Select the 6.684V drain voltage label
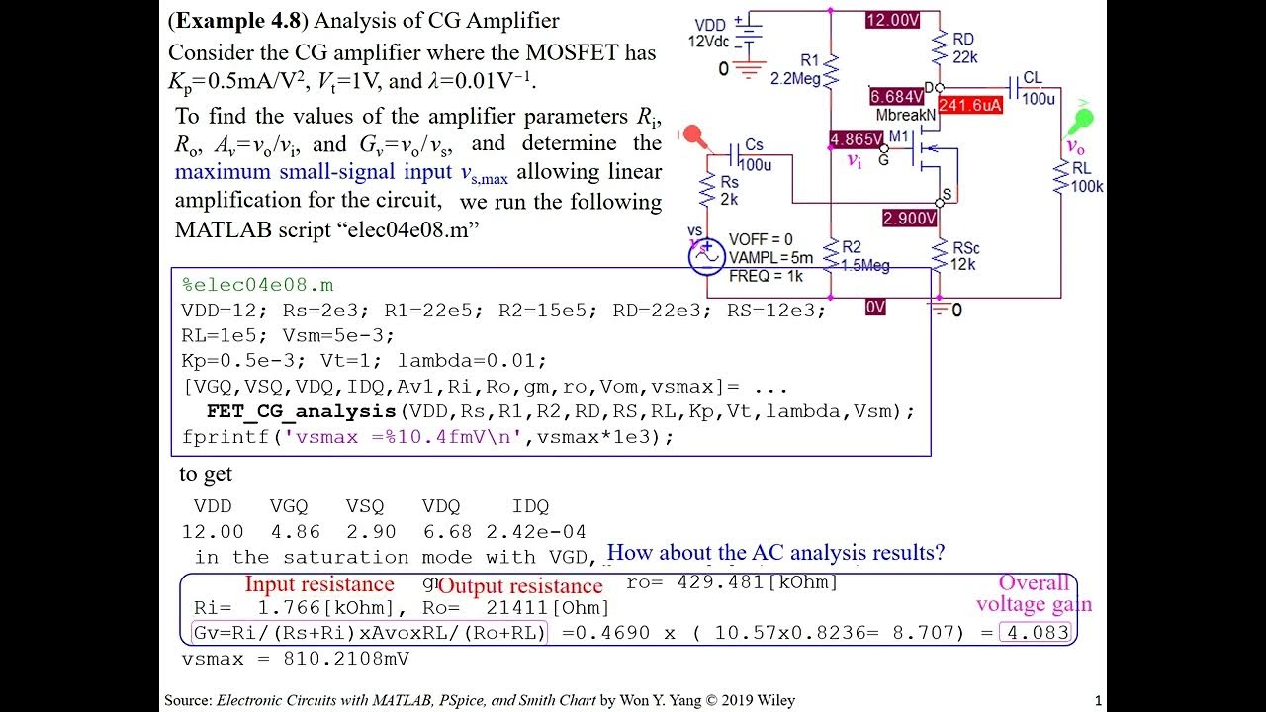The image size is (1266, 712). point(897,97)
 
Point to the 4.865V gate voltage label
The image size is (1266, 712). point(857,139)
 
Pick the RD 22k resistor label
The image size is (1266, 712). point(964,47)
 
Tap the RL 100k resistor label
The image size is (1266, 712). point(1086,177)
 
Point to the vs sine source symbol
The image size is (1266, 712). point(706,256)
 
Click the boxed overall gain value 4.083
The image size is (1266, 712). point(1037,632)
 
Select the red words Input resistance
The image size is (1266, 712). point(319,584)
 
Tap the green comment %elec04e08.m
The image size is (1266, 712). point(258,285)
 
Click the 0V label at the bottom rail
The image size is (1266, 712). point(876,308)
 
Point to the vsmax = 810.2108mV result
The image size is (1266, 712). point(296,658)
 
